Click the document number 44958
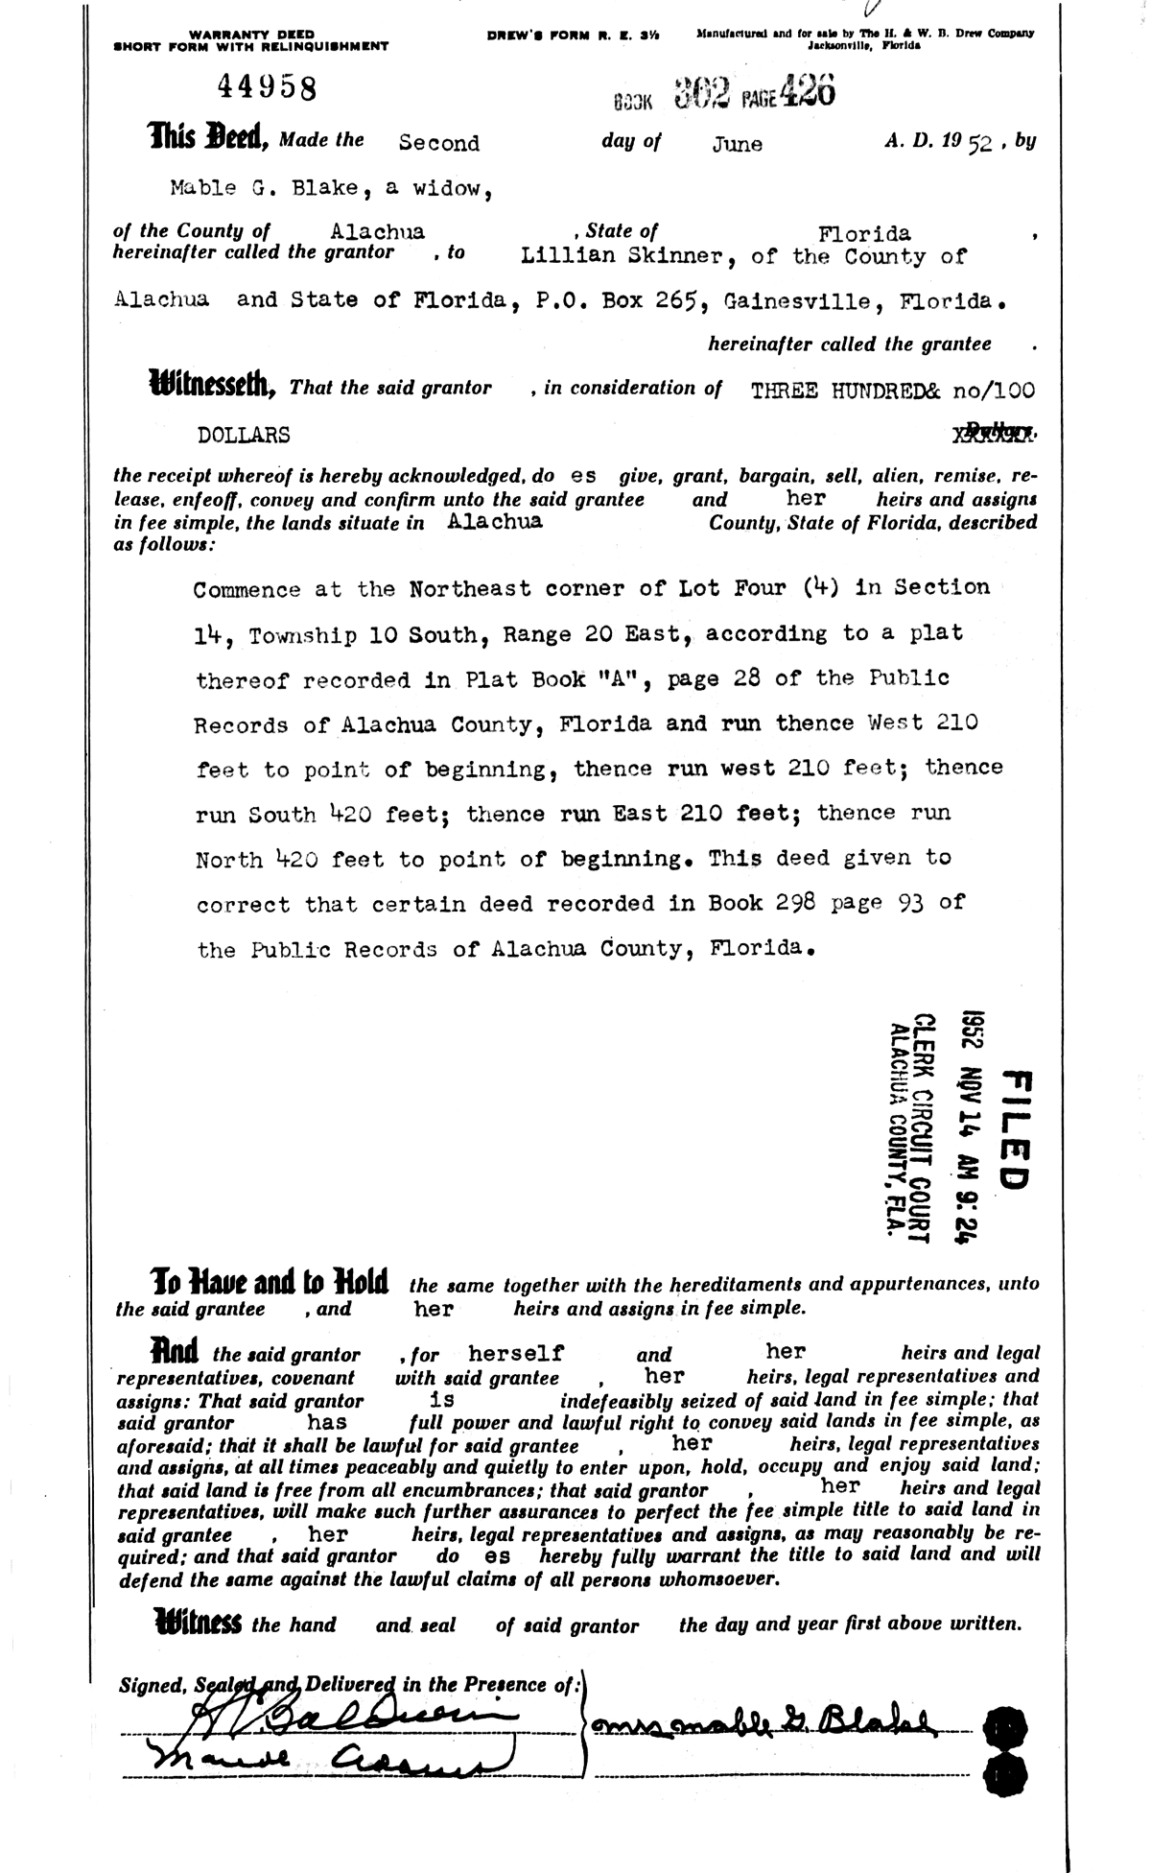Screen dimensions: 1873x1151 pyautogui.click(x=267, y=88)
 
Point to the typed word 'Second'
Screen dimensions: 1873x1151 pyautogui.click(x=438, y=143)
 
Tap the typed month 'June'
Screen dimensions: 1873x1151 pyautogui.click(x=738, y=144)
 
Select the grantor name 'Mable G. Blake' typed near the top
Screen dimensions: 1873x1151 pyautogui.click(x=268, y=188)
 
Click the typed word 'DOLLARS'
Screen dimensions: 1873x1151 pyautogui.click(x=244, y=435)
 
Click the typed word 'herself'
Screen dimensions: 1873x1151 pyautogui.click(x=515, y=1353)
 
